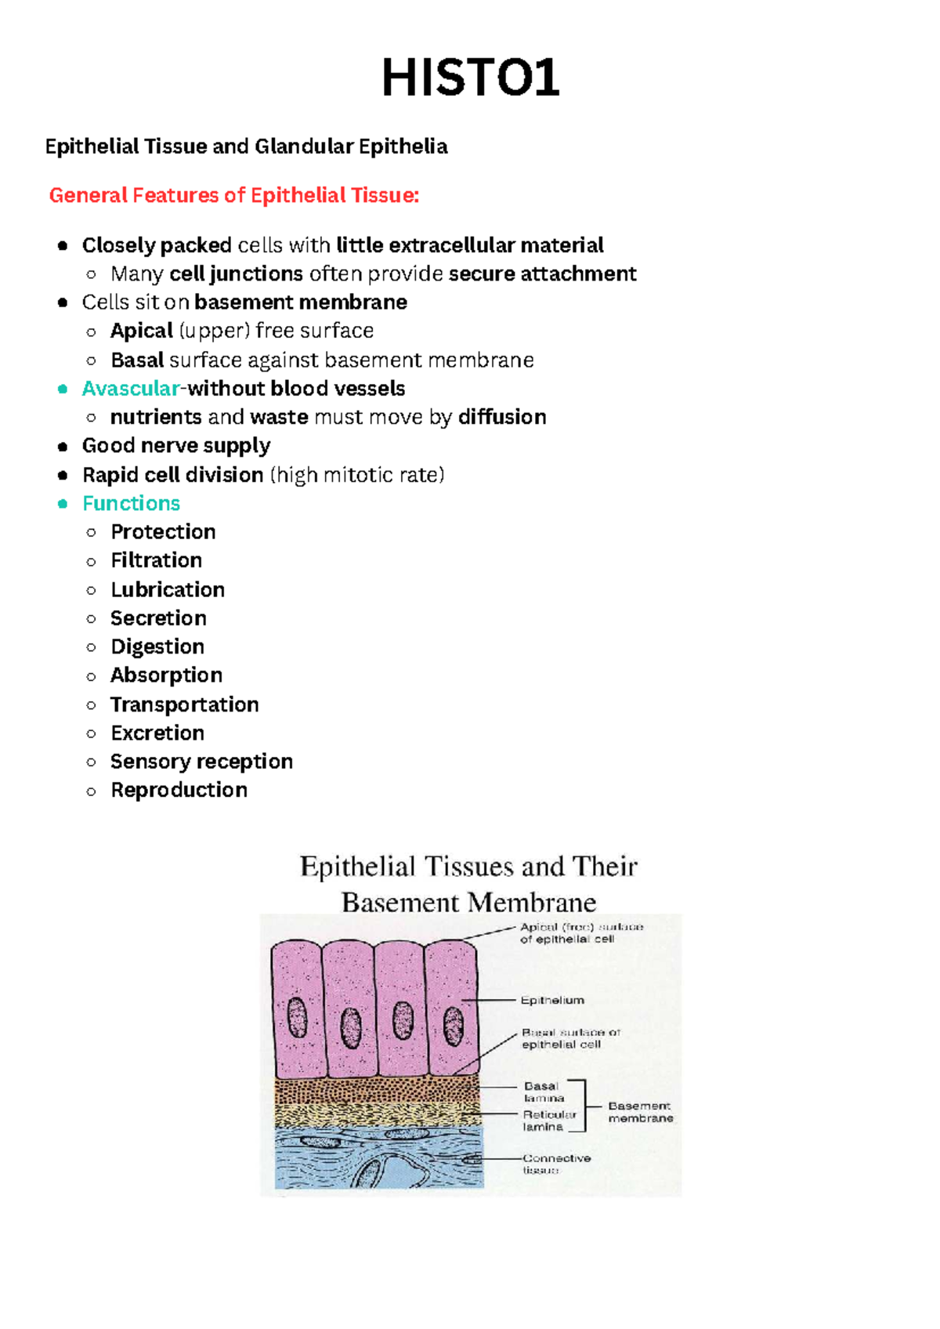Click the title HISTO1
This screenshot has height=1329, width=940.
click(470, 78)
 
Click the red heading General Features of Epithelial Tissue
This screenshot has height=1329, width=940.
click(233, 195)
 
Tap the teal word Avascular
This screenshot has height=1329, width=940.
click(131, 389)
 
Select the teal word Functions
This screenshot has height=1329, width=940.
click(131, 503)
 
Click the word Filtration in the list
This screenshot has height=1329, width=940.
click(156, 560)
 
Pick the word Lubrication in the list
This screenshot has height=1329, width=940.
click(167, 589)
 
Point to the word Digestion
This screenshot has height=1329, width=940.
click(157, 646)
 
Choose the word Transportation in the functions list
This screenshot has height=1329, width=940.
click(184, 704)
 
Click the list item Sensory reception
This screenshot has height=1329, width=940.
click(201, 762)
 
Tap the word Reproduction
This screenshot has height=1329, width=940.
click(179, 790)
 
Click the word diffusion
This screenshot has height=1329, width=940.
click(502, 417)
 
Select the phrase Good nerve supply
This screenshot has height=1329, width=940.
click(176, 446)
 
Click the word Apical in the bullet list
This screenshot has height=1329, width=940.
click(142, 331)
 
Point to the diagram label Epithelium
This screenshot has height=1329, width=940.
click(552, 1001)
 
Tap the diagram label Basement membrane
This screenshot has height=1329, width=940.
click(640, 1112)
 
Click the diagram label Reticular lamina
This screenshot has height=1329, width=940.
click(549, 1121)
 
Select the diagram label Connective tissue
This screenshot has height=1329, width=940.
click(556, 1164)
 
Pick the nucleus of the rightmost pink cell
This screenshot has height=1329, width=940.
click(454, 1026)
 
